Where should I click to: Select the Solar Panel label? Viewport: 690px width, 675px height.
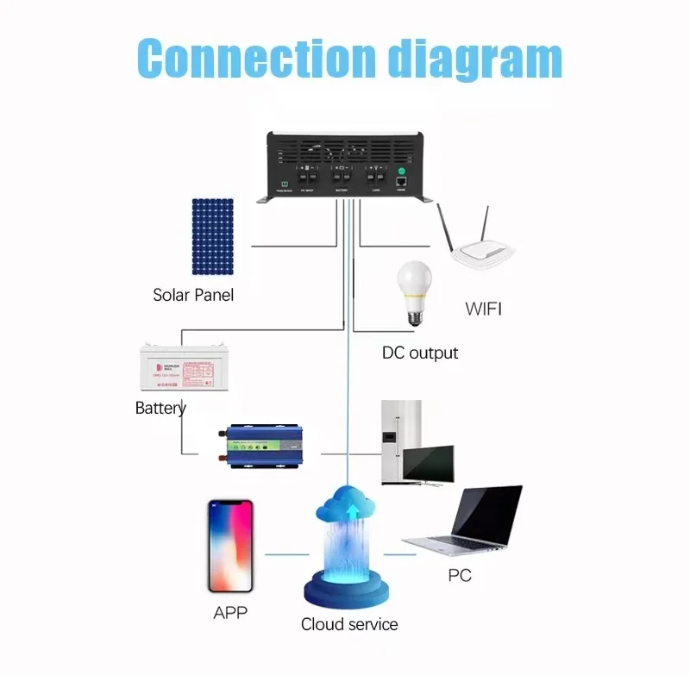click(x=193, y=295)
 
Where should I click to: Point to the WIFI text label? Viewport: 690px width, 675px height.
click(x=482, y=309)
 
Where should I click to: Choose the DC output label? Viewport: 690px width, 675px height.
click(x=420, y=353)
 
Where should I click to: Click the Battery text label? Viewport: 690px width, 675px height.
click(x=160, y=408)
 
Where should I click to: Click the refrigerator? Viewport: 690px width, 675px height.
click(x=402, y=440)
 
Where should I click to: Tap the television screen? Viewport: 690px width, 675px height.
click(x=430, y=466)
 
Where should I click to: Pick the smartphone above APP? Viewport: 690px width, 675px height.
click(x=230, y=546)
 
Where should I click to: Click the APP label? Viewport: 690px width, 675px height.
click(x=230, y=613)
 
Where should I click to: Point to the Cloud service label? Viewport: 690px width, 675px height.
click(x=349, y=624)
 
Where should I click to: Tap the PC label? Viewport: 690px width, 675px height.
click(x=460, y=575)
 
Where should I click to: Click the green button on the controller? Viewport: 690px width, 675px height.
click(x=401, y=172)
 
